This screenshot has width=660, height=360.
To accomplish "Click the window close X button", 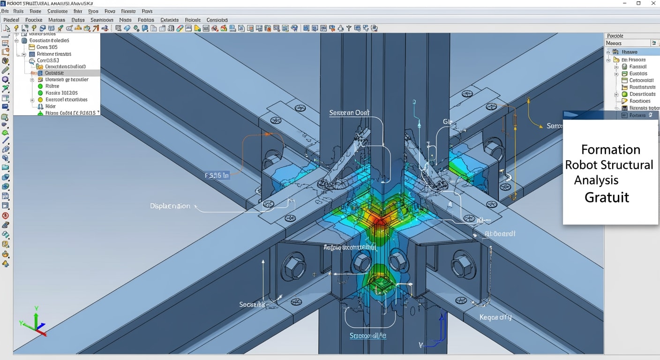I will coord(653,3).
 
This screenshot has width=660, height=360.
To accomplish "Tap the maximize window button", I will coord(638,3).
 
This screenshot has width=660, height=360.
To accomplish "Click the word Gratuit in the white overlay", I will coord(607,197).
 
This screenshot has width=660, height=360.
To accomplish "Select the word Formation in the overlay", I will coord(610,150).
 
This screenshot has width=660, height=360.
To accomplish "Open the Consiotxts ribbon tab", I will coord(217,20).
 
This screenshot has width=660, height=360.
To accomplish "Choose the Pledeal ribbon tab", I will coord(11,20).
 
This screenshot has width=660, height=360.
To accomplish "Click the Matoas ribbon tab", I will coord(57,20).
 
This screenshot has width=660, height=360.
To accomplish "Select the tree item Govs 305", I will coord(47,47).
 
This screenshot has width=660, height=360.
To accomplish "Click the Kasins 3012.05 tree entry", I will coord(61,93).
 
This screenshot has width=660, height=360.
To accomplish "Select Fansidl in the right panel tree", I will coord(637,67).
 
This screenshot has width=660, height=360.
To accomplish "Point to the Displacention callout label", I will coord(170,206).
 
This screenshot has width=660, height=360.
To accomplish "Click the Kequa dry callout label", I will coord(495,317).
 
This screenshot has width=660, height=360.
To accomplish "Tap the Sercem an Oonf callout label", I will coord(349,112).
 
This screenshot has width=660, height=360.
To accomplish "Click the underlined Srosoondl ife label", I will coord(368,336).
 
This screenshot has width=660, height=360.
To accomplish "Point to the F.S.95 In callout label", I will coord(217,176).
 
